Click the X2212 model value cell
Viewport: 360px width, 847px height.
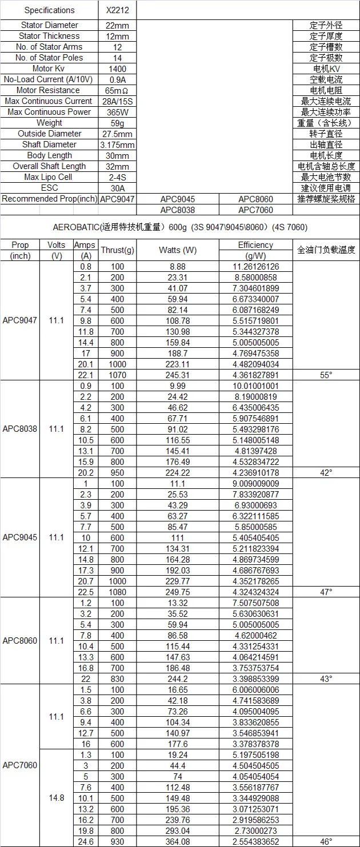(x=118, y=10)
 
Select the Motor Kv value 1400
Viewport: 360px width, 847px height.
(x=118, y=69)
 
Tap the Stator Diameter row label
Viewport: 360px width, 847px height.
(x=49, y=25)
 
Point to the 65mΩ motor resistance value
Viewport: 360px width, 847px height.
(x=118, y=90)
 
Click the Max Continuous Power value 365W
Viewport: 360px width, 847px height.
(x=118, y=112)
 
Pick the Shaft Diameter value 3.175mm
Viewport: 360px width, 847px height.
(x=118, y=144)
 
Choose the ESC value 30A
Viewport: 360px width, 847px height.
(x=118, y=188)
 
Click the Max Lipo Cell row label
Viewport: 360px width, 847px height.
(x=49, y=177)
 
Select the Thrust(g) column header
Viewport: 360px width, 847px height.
(x=117, y=250)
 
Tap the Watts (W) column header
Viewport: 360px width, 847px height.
(x=177, y=250)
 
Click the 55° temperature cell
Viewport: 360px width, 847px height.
(x=326, y=375)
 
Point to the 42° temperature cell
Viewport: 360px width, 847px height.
(x=326, y=472)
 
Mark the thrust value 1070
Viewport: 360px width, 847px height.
(x=117, y=375)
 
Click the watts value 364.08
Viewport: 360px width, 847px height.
(x=177, y=841)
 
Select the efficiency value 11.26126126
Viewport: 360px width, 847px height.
(x=255, y=266)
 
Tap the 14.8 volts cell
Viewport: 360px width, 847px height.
(x=56, y=798)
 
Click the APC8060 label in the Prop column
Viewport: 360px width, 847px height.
(x=20, y=640)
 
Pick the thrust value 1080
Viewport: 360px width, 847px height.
(x=117, y=592)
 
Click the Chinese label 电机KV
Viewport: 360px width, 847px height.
(x=326, y=69)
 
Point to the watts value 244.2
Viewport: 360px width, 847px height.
(x=177, y=679)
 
